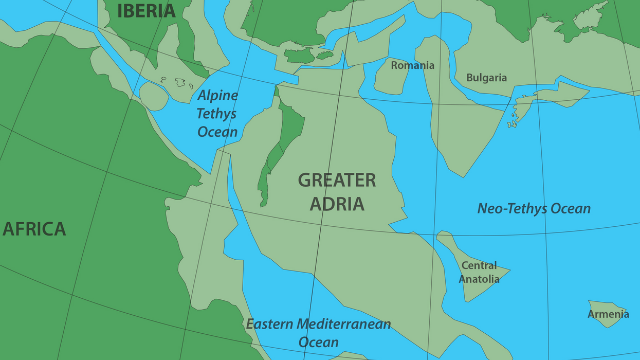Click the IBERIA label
(x=147, y=11)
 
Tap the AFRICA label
(x=34, y=229)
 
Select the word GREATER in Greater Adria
(x=337, y=181)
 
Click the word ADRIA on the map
(x=337, y=204)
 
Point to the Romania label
(x=412, y=65)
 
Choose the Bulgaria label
(x=486, y=78)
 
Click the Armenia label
(x=608, y=314)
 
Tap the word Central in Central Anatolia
(x=479, y=266)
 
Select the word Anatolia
(x=479, y=279)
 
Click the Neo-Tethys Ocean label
(x=534, y=208)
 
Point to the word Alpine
(x=218, y=96)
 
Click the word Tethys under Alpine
(x=216, y=114)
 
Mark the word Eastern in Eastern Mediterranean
(x=271, y=325)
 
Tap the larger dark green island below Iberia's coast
(x=299, y=56)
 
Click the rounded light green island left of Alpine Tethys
(x=153, y=96)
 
